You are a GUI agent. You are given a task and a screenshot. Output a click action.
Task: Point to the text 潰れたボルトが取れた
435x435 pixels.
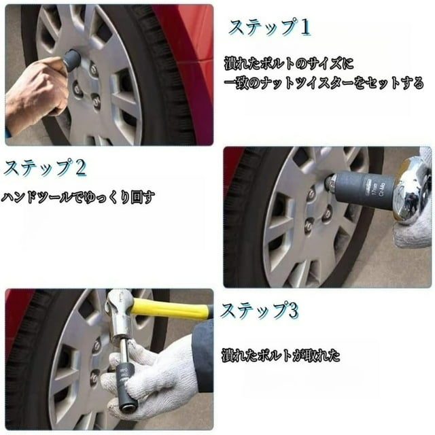coord(281,355)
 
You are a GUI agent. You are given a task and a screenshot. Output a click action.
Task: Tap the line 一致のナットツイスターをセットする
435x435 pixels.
coord(324,84)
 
